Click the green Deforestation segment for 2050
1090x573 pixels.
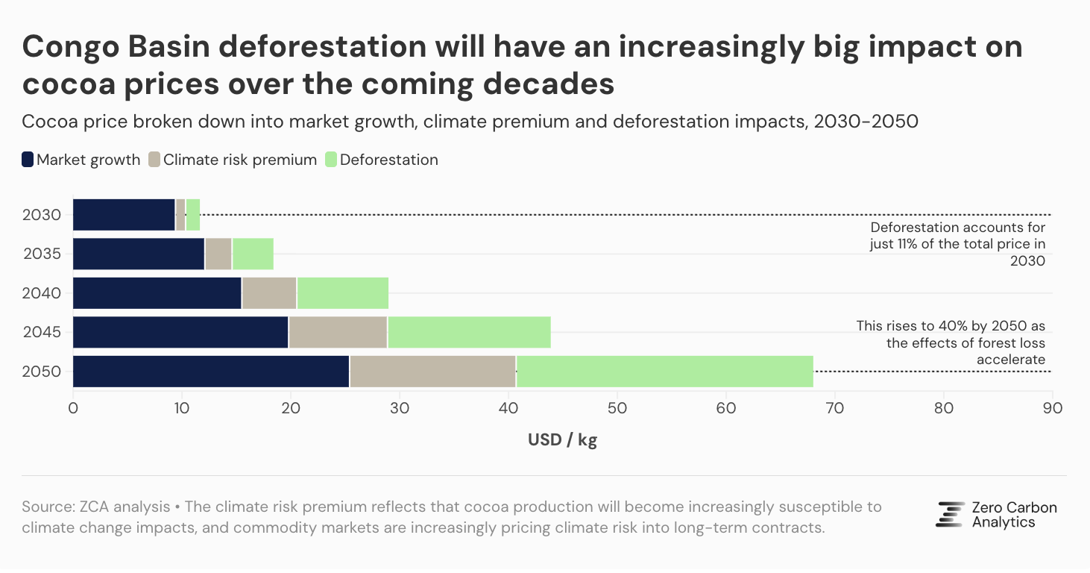click(664, 372)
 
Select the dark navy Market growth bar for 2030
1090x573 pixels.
click(124, 215)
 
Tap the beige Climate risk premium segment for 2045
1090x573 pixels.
click(338, 332)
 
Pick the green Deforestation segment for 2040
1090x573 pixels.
click(342, 293)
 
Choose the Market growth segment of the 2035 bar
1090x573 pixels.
click(139, 254)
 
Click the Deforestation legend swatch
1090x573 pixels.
click(331, 160)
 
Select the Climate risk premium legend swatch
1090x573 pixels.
click(154, 160)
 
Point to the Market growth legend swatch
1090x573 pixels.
click(28, 160)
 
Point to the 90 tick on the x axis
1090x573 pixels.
click(1052, 408)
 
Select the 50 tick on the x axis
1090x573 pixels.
click(617, 408)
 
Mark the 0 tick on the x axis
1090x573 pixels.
click(73, 408)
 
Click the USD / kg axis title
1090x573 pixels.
click(562, 440)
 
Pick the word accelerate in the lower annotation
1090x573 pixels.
click(1010, 360)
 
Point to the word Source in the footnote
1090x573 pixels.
click(47, 507)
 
